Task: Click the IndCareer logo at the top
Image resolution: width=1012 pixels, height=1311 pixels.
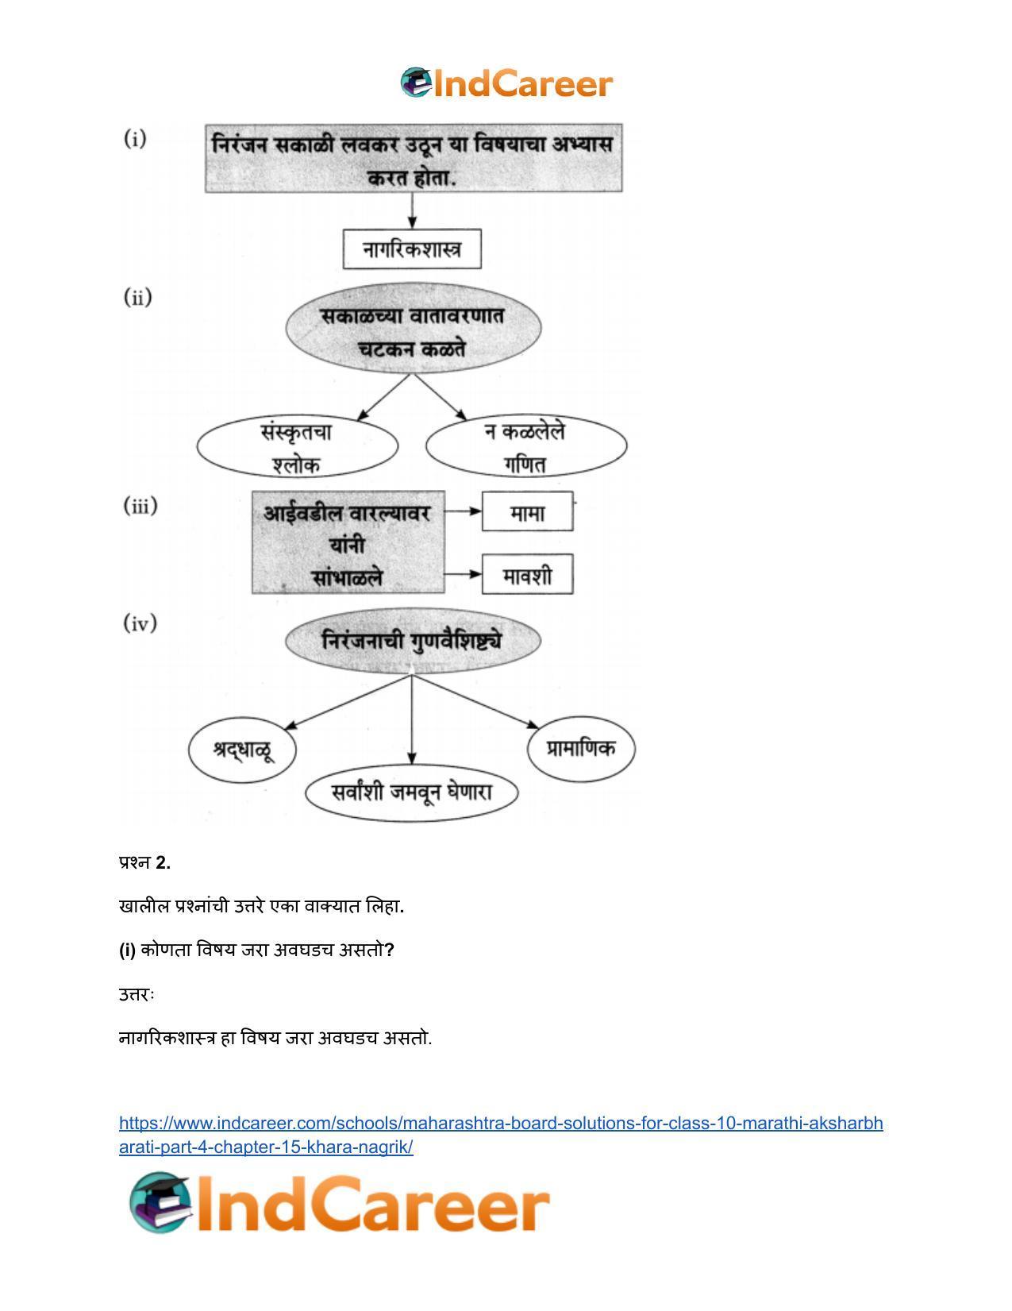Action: pos(506,83)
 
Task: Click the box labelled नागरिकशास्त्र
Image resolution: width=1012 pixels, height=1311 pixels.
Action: pos(412,249)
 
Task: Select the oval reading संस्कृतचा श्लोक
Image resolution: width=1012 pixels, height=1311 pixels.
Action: pos(298,446)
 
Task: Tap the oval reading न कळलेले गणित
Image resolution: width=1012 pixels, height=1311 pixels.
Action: pos(526,445)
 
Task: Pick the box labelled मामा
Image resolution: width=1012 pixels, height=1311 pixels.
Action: pos(527,511)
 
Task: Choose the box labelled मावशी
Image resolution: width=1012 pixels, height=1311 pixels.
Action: pos(527,574)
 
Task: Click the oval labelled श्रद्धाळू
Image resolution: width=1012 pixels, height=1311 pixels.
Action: pos(242,750)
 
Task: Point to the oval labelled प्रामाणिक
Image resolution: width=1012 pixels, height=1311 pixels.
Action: pos(581,749)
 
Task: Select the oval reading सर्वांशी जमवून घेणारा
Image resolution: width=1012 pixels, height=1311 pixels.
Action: pos(412,792)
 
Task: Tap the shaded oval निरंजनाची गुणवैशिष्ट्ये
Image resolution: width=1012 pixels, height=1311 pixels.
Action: pos(413,641)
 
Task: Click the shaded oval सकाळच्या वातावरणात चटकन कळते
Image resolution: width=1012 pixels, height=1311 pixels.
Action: pos(413,329)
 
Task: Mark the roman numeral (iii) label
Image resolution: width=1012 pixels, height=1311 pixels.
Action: pos(140,506)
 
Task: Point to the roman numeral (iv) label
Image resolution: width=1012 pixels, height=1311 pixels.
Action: pos(140,623)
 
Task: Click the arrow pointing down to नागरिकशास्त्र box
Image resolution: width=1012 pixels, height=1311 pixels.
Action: pos(412,210)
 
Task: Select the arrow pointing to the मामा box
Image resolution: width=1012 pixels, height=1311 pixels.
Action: pos(464,511)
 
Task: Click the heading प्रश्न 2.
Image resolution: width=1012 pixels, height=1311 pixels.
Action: pos(144,862)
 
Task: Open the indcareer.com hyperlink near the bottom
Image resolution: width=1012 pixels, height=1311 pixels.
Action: pos(501,1135)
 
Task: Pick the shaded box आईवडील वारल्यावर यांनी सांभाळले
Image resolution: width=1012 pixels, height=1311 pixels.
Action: pos(348,542)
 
